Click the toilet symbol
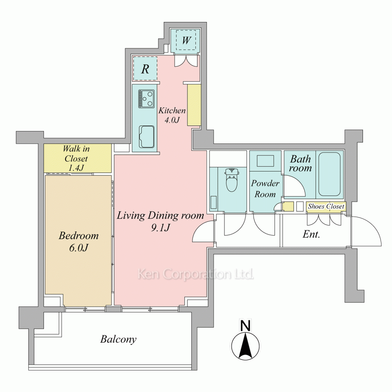(x=232, y=180)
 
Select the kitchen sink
(x=147, y=137)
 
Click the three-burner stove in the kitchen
(x=146, y=99)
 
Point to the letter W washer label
(x=186, y=40)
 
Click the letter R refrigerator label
(x=145, y=69)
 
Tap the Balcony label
(x=118, y=339)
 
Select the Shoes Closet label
(x=326, y=206)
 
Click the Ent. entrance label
(x=311, y=234)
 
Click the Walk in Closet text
(x=76, y=158)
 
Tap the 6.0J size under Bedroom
(x=79, y=248)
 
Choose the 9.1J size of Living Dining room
(x=160, y=227)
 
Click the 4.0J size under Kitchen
(x=172, y=120)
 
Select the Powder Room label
(x=265, y=189)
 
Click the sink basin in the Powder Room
(x=265, y=161)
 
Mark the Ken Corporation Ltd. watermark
(x=196, y=274)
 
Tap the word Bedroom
(x=79, y=236)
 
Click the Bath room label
(x=301, y=163)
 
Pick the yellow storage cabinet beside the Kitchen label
(x=194, y=105)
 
